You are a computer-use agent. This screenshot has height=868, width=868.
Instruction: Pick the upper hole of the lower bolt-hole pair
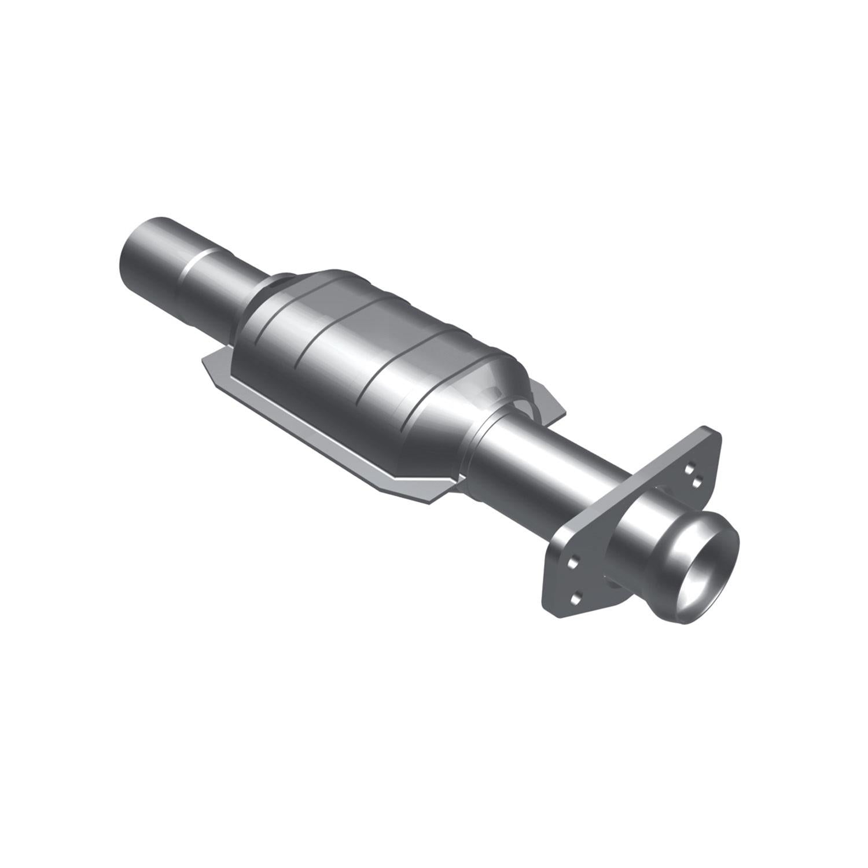[x=573, y=562]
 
